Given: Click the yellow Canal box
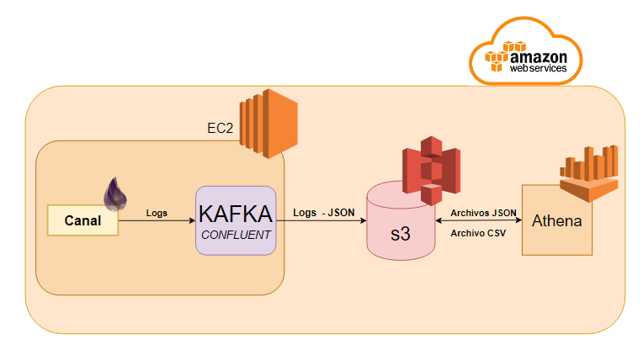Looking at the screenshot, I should point(82,220).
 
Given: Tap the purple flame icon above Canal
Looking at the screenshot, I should point(115,193).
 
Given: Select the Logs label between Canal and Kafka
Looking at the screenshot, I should point(157,213).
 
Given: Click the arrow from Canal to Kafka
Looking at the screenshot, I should point(157,221).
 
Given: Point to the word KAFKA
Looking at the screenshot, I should point(236,212).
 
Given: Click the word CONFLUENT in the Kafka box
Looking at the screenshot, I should point(236,235).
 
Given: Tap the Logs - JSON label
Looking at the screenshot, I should point(324,213).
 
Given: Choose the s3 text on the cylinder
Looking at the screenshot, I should point(400,234).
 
